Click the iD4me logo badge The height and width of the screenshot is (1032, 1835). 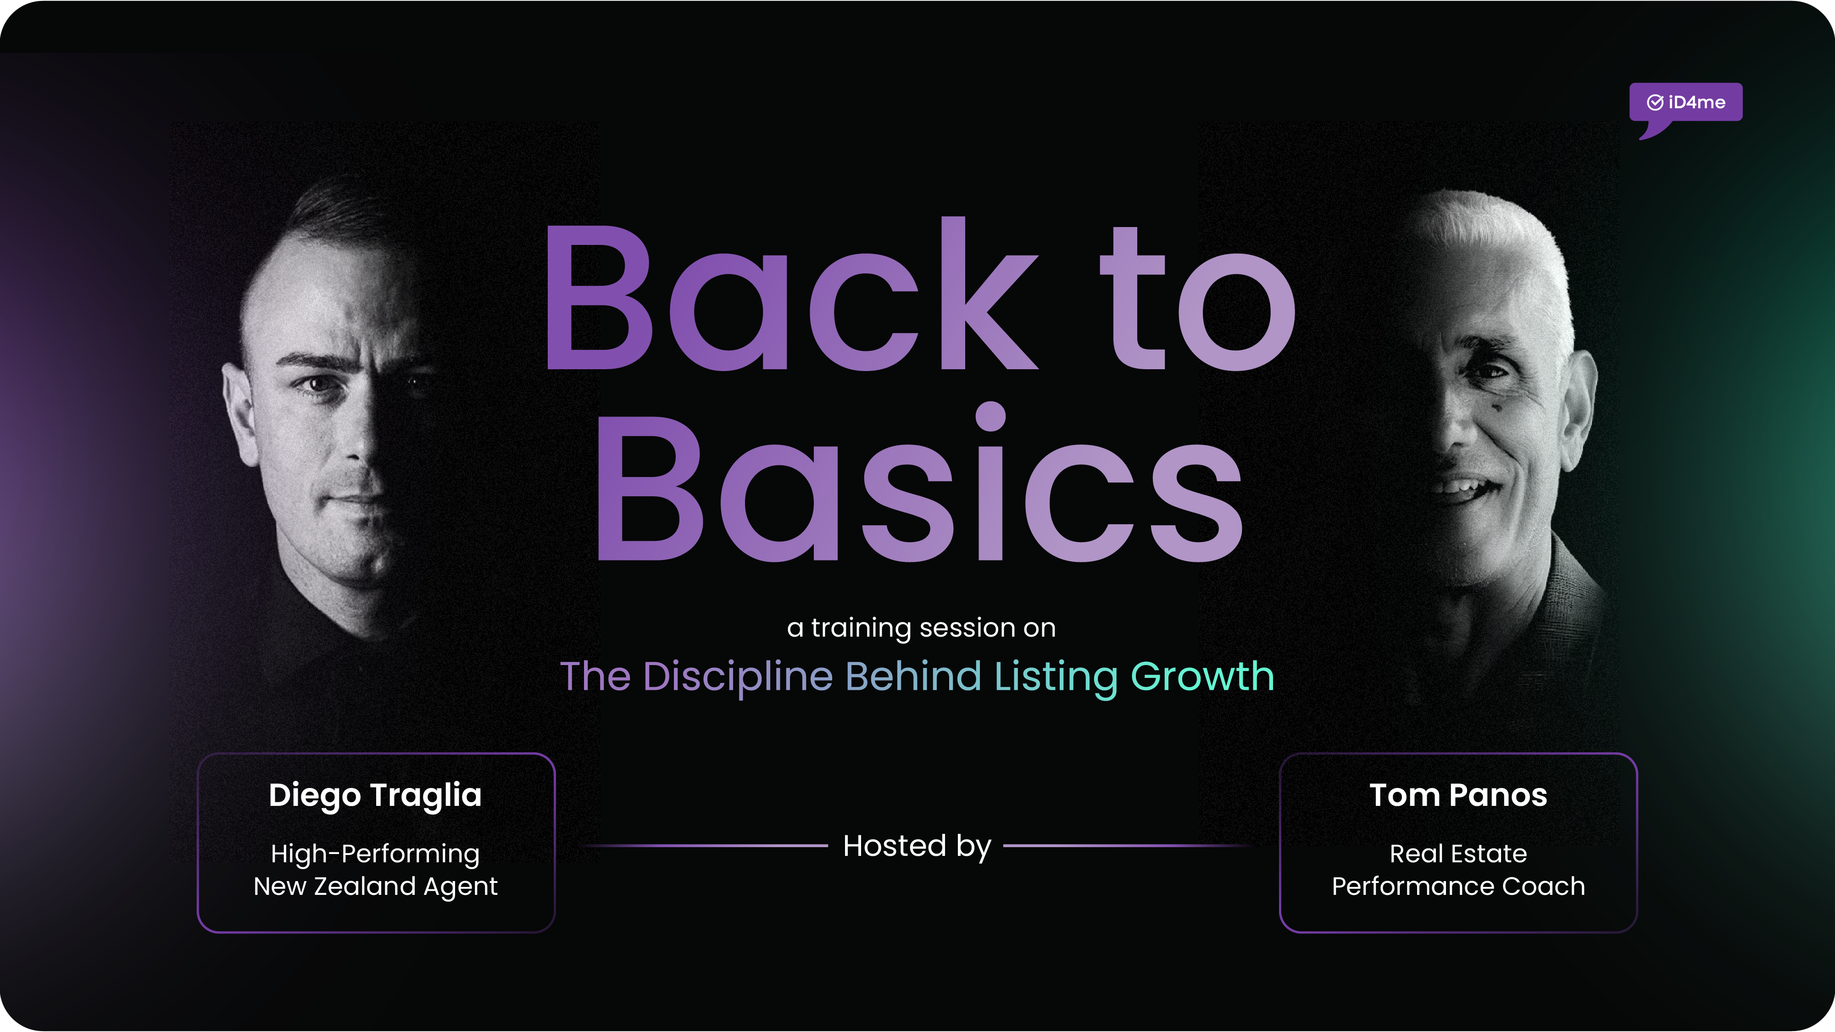[x=1685, y=103]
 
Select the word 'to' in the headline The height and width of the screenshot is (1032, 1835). [x=1197, y=299]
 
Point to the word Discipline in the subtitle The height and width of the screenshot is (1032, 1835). [x=737, y=677]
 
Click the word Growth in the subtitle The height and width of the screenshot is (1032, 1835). [x=1202, y=677]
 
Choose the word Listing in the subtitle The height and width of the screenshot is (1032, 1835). [x=1056, y=677]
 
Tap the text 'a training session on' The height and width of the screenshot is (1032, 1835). [x=921, y=627]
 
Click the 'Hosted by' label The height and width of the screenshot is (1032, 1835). [x=917, y=846]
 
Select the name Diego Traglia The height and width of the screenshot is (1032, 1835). [x=375, y=795]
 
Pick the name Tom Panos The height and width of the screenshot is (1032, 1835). [x=1458, y=795]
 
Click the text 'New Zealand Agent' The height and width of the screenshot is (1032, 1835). [x=375, y=886]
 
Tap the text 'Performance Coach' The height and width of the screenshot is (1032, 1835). [x=1458, y=886]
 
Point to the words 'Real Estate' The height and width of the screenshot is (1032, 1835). [x=1458, y=853]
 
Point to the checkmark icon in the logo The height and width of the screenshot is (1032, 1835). [x=1655, y=103]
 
